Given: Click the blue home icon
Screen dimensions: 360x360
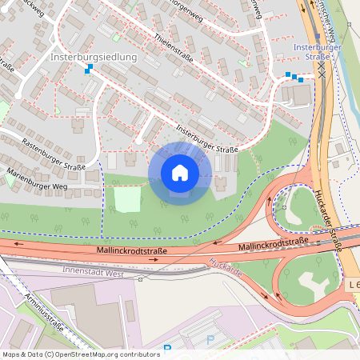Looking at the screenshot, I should click(x=180, y=173).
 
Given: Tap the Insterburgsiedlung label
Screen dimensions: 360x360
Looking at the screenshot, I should click(x=94, y=58).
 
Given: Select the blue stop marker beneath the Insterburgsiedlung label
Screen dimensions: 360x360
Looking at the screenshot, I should click(x=88, y=69).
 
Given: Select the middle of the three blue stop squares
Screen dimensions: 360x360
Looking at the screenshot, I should click(x=294, y=77).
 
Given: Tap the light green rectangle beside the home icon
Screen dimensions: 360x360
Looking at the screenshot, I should click(x=127, y=198).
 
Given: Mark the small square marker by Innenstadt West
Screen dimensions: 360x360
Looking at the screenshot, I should click(x=140, y=279).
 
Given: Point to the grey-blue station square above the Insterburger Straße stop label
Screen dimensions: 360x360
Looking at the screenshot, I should click(x=318, y=35).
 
